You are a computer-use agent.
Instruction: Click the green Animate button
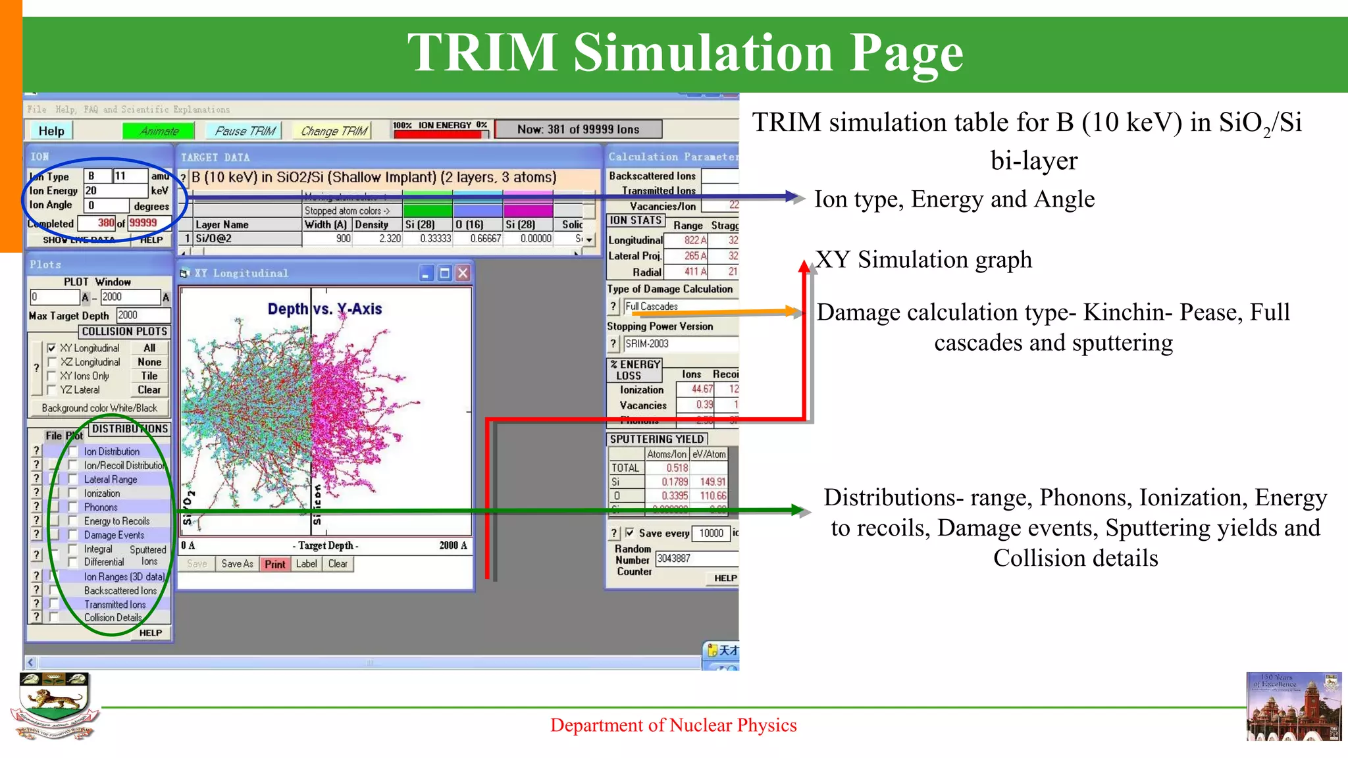[x=159, y=131]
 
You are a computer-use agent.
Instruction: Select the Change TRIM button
[x=334, y=131]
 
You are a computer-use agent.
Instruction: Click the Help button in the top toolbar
[x=51, y=131]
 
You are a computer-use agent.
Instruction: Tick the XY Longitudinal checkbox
[x=52, y=348]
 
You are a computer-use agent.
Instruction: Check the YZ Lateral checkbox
[x=52, y=390]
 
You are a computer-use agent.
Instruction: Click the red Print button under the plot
[x=274, y=564]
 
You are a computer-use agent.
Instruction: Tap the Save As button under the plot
[x=237, y=564]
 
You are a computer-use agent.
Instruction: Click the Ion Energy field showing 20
[x=115, y=191]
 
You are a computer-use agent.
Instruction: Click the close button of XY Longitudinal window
[x=463, y=273]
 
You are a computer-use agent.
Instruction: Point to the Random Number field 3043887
[x=695, y=559]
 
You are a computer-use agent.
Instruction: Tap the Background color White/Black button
[x=99, y=408]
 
